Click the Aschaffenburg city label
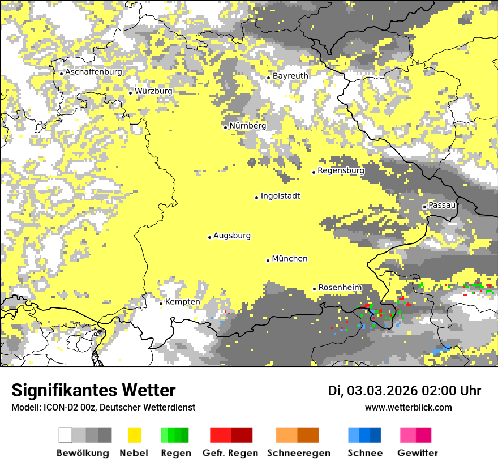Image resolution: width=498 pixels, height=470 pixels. click(93, 72)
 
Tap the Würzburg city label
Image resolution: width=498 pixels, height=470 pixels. click(153, 91)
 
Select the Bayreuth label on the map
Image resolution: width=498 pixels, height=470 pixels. click(290, 76)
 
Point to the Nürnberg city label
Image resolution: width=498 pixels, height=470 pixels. click(247, 126)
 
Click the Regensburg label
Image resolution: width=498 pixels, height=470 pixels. click(341, 170)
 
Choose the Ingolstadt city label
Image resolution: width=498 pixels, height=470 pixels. click(280, 196)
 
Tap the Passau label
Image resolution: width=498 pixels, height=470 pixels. click(442, 205)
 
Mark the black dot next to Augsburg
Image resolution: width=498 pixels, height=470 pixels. click(209, 237)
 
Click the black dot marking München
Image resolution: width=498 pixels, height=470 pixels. click(268, 260)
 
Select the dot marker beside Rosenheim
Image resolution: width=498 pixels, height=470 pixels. click(315, 289)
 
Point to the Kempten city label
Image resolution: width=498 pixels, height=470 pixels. click(182, 302)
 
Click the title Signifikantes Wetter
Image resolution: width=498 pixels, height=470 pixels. click(93, 391)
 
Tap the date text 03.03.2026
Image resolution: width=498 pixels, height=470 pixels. click(382, 391)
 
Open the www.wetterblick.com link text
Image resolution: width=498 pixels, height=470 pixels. click(408, 407)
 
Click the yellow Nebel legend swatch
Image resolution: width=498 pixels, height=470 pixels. click(134, 435)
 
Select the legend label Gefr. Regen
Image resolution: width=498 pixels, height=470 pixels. click(230, 453)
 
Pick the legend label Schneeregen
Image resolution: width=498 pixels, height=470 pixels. click(298, 453)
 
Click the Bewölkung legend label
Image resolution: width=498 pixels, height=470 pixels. click(83, 453)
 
